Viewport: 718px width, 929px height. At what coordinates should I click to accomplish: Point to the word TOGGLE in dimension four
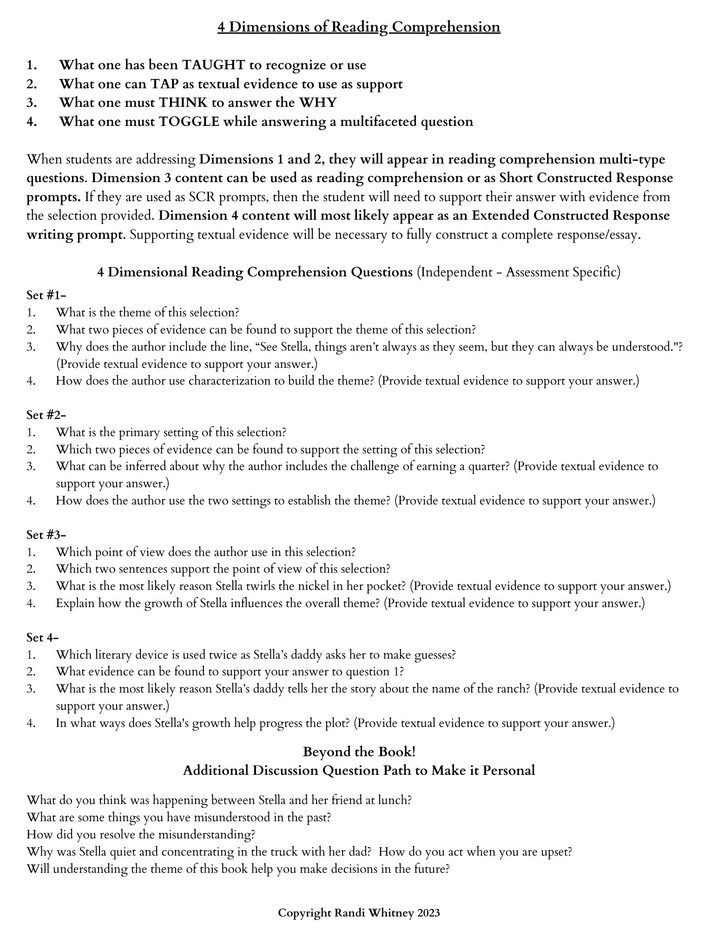[189, 122]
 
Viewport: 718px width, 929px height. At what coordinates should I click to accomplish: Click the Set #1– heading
[46, 295]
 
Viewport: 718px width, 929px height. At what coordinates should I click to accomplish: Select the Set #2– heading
[46, 415]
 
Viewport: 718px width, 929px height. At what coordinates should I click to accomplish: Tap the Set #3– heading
[46, 535]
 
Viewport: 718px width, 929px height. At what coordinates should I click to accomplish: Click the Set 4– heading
[42, 637]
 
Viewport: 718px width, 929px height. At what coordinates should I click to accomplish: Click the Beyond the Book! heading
[359, 751]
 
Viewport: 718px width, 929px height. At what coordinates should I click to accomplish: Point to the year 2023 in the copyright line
[428, 913]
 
